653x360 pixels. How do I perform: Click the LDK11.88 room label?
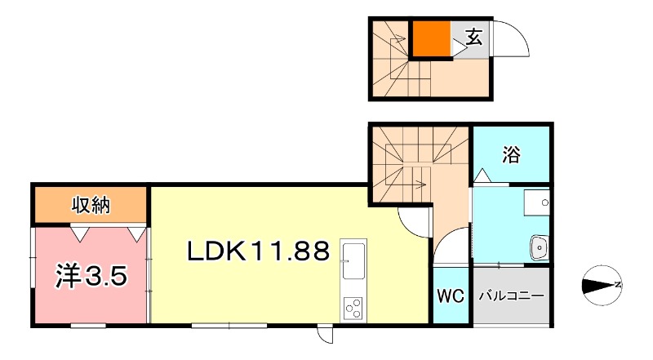click(x=259, y=251)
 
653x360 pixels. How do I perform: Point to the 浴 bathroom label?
click(x=512, y=153)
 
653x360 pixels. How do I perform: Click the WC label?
click(x=451, y=296)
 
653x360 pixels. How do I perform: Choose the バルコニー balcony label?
click(x=511, y=296)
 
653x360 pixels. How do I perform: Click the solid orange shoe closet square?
click(x=430, y=38)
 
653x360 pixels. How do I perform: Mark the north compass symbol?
click(x=602, y=285)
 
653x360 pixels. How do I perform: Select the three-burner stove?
click(x=354, y=308)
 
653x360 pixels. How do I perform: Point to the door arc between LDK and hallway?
click(x=414, y=219)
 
